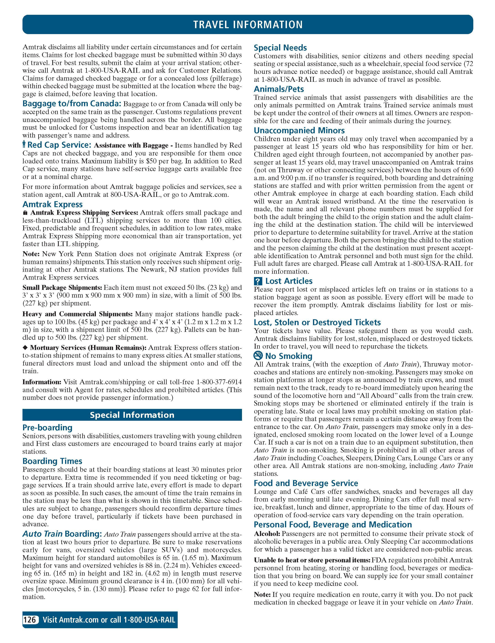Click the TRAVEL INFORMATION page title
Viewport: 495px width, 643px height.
[247, 24]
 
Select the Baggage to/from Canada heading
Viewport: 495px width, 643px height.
[72, 104]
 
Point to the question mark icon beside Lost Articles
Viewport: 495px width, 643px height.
[258, 281]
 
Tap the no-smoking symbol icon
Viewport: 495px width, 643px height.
[258, 356]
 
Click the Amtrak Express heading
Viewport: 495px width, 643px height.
[52, 204]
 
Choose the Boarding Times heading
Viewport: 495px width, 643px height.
[52, 461]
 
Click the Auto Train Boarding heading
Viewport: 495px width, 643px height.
[63, 534]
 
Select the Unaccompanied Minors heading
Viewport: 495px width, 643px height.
[299, 130]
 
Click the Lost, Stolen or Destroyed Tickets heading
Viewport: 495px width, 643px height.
[317, 322]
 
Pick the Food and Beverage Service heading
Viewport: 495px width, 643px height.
[306, 483]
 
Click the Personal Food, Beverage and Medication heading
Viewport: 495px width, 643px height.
[333, 524]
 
